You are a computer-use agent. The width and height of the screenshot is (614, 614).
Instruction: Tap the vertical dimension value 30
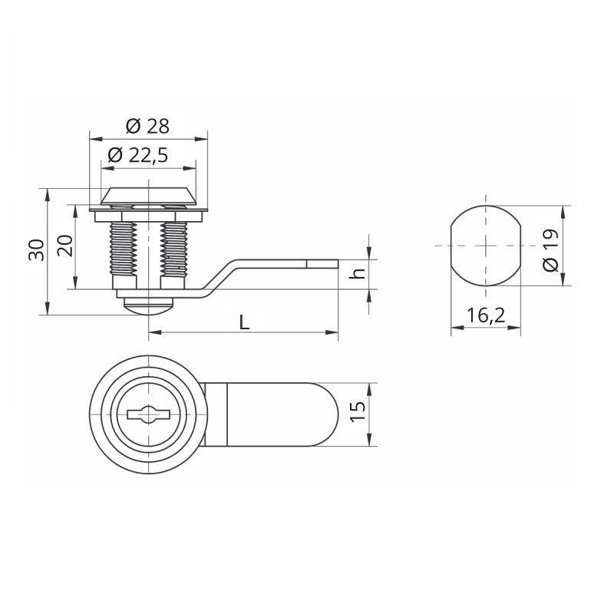click(x=35, y=250)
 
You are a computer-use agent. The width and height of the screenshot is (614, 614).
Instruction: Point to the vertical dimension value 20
click(x=64, y=246)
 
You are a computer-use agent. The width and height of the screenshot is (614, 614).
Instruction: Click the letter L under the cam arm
click(x=244, y=322)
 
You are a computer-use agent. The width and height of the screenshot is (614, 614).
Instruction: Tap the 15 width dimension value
click(x=356, y=413)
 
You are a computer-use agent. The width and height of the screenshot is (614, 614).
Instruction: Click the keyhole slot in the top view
click(x=148, y=414)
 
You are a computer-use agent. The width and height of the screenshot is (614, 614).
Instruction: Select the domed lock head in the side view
click(x=148, y=196)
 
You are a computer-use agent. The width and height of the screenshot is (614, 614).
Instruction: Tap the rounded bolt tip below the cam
click(x=148, y=307)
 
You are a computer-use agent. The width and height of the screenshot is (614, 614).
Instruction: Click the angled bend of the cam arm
click(x=220, y=276)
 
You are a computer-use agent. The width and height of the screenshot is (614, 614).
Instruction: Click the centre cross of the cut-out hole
click(x=486, y=246)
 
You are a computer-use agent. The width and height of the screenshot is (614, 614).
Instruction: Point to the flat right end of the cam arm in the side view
click(x=335, y=264)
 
